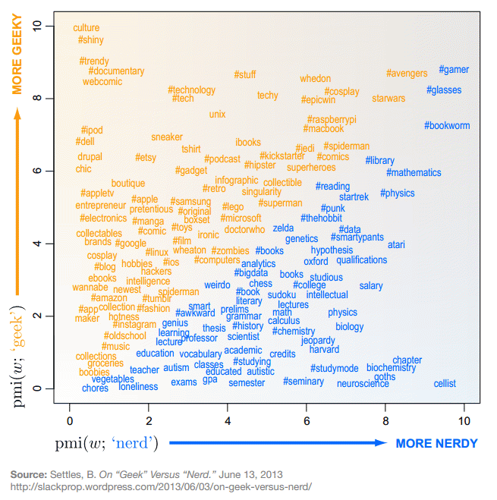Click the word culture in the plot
coord(87,28)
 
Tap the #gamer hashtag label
coord(454,70)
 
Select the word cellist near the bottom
coord(445,383)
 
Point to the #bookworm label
coord(447,125)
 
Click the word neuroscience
coord(363,384)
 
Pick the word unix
coord(218,115)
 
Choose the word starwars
coord(388,99)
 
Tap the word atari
coord(396,245)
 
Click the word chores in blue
coord(95,388)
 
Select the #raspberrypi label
coord(332,120)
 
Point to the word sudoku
coord(282,294)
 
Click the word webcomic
coord(102,81)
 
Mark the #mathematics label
coord(414,173)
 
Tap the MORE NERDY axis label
coord(437,443)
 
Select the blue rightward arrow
coord(277,443)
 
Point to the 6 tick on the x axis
coord(307,420)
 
